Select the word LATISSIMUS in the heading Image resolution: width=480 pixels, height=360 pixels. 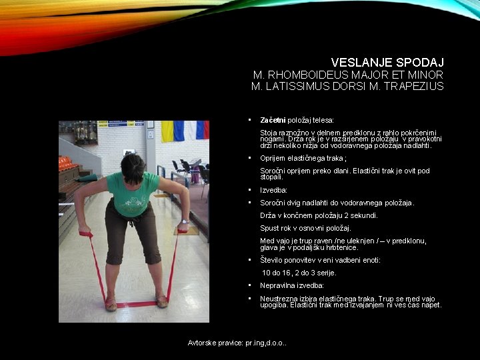[303, 86]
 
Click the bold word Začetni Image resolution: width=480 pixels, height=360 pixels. [273, 120]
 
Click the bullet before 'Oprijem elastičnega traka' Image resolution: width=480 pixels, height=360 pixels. [249, 158]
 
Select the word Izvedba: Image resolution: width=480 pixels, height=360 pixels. [273, 190]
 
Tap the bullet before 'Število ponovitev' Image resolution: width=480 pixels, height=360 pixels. [249, 260]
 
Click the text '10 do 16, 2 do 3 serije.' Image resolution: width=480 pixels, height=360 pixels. [299, 273]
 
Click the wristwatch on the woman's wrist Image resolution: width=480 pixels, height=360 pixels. [183, 223]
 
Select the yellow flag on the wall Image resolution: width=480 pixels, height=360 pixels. [167, 131]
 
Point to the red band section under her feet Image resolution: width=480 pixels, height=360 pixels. [137, 305]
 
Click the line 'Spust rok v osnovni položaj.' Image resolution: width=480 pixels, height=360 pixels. [305, 228]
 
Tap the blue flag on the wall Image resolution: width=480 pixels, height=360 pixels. [179, 131]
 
